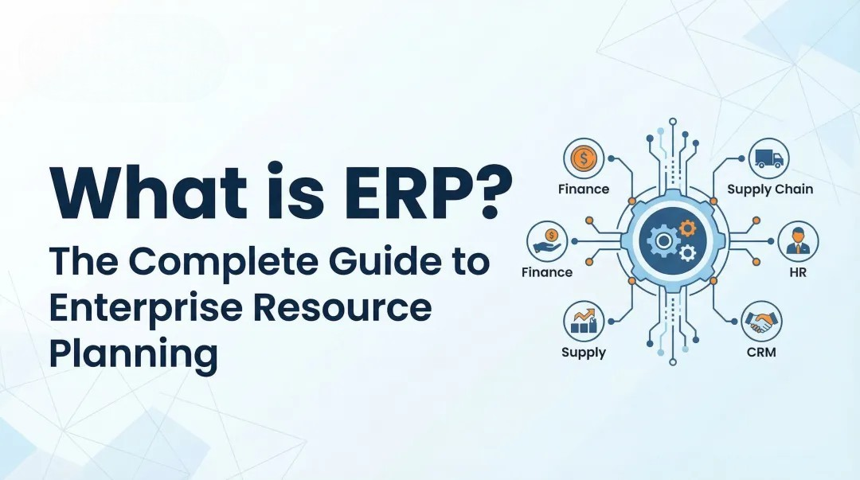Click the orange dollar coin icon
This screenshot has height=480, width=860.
[x=584, y=158]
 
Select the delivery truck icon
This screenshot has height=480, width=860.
[x=768, y=158]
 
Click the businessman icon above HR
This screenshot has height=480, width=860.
[x=797, y=240]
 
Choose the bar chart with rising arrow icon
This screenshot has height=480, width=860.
[x=584, y=322]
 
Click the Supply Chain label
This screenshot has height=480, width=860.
[x=770, y=189]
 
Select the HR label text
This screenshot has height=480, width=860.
[x=797, y=271]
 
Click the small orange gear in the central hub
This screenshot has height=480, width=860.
[x=686, y=229]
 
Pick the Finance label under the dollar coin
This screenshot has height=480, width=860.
[x=584, y=189]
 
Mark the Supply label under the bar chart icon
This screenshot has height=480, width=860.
[x=584, y=352]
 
